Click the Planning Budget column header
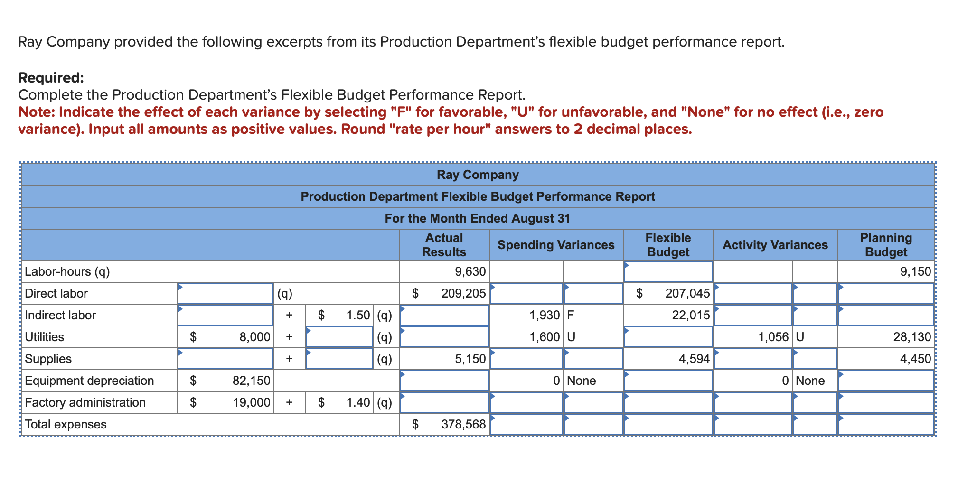click(x=885, y=245)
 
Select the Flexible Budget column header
click(x=668, y=245)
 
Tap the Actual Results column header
click(x=444, y=245)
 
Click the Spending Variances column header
click(x=555, y=245)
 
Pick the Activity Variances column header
click(x=775, y=245)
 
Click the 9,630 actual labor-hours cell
click(x=470, y=271)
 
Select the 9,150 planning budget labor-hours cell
click(x=915, y=271)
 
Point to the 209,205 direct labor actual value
click(x=463, y=293)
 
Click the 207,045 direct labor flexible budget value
click(x=687, y=293)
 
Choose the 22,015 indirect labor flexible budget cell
click(x=691, y=315)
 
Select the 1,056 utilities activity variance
click(x=773, y=337)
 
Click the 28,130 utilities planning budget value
click(x=911, y=337)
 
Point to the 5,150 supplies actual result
click(x=470, y=359)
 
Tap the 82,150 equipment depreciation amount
click(x=251, y=381)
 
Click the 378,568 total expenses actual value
click(x=463, y=424)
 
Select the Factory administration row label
click(x=85, y=402)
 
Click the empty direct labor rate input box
click(x=225, y=293)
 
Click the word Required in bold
click(x=51, y=77)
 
